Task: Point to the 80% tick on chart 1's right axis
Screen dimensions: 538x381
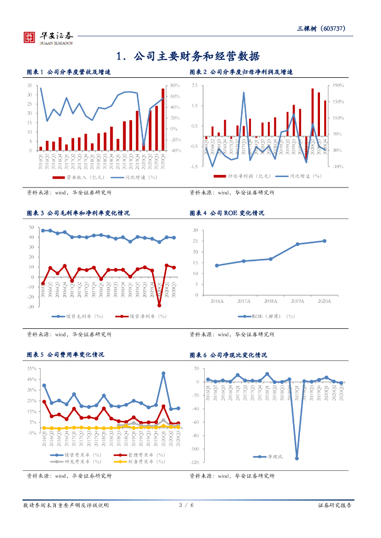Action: click(175, 85)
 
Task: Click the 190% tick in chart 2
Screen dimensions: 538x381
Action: click(338, 85)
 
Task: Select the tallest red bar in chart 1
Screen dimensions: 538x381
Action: click(163, 119)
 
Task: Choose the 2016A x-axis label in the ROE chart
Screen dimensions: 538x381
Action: click(217, 301)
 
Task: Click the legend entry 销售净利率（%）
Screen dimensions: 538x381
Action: click(144, 316)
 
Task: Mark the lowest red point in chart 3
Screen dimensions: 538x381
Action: click(159, 305)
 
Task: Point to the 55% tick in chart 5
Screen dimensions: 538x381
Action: click(31, 368)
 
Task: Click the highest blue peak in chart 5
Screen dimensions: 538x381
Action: click(164, 374)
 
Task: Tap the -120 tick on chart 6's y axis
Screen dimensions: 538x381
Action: click(195, 462)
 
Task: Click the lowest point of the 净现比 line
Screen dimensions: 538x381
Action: click(297, 458)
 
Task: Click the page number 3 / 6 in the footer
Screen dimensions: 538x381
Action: click(186, 505)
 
